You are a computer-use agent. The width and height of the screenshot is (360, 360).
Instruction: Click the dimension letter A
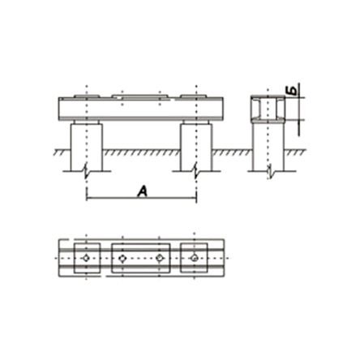[142, 191]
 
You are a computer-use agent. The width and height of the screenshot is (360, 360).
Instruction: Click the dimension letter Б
[294, 90]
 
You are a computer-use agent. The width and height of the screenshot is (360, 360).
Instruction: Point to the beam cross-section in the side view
[268, 108]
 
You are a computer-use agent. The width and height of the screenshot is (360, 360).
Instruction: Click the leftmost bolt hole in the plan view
[86, 258]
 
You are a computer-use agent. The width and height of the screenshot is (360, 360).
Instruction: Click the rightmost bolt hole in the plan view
[194, 258]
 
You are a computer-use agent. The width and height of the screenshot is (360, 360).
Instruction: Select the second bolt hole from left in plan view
[122, 259]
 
